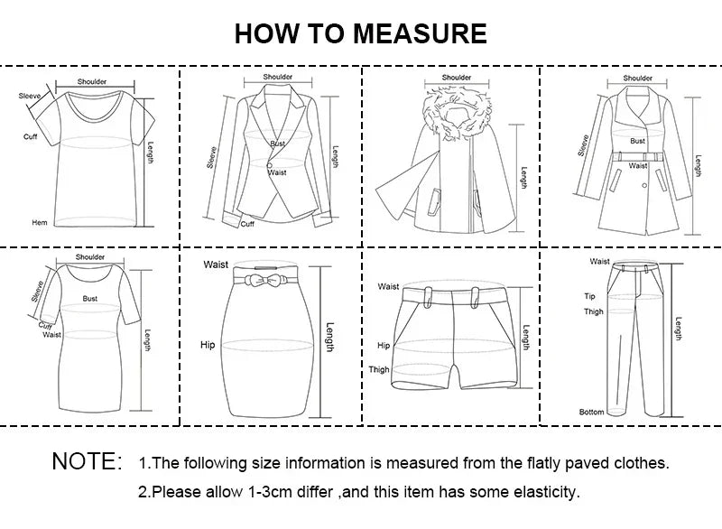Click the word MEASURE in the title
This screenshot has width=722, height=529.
point(420,33)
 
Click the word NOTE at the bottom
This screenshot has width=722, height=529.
point(87,462)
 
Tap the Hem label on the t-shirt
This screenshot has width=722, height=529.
point(40,222)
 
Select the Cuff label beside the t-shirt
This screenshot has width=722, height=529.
point(31,136)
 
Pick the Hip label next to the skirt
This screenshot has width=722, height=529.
point(208,345)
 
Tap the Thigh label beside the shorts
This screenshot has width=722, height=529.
point(379,369)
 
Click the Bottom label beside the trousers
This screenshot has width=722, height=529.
point(591,412)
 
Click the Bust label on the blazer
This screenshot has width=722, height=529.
point(277,144)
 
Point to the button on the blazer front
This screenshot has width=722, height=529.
point(268,164)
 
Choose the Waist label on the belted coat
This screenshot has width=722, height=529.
point(638,165)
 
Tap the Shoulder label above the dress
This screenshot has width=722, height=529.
point(90,257)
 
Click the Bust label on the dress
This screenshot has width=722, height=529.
point(90,297)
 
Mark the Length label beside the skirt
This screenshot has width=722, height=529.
point(329,338)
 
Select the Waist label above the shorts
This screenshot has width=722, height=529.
point(389,286)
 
